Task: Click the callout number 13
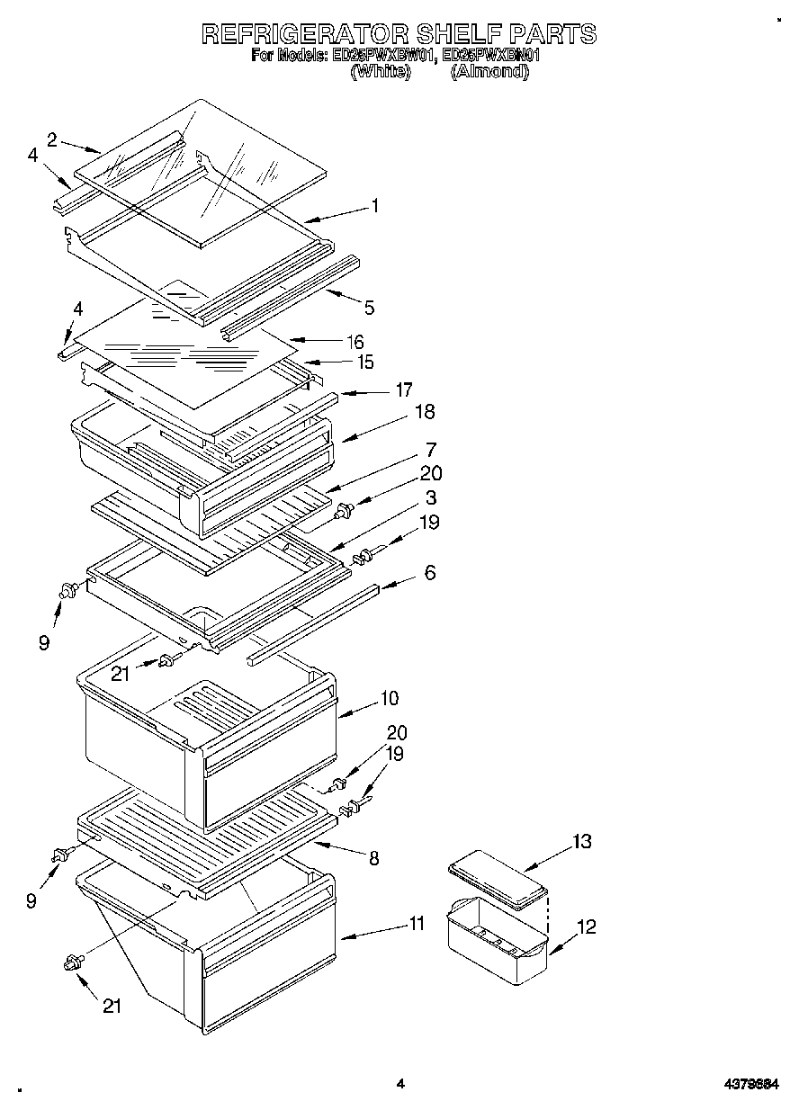(x=582, y=841)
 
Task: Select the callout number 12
(x=586, y=926)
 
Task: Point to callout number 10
(x=390, y=698)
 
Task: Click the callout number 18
(x=424, y=411)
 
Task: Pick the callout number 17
(x=404, y=389)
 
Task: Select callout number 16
(x=355, y=342)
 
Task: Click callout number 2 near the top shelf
(x=52, y=139)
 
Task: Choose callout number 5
(x=369, y=308)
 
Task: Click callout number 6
(x=430, y=572)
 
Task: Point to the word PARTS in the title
(x=552, y=34)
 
